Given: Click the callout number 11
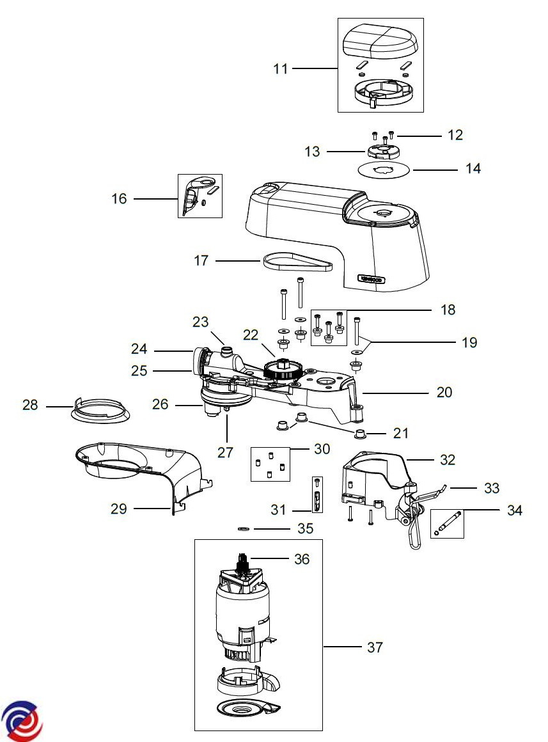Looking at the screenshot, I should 281,68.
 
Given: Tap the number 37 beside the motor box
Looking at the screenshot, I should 375,647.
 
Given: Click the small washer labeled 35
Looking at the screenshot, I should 243,530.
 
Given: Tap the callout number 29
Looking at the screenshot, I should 119,509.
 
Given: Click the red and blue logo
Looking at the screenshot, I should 22,720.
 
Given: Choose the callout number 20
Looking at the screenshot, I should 444,391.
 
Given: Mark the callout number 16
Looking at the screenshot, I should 120,199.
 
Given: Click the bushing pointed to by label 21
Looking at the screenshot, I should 361,435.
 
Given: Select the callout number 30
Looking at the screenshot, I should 322,449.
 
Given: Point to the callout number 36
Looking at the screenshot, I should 301,559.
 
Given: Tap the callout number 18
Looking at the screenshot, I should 448,310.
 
